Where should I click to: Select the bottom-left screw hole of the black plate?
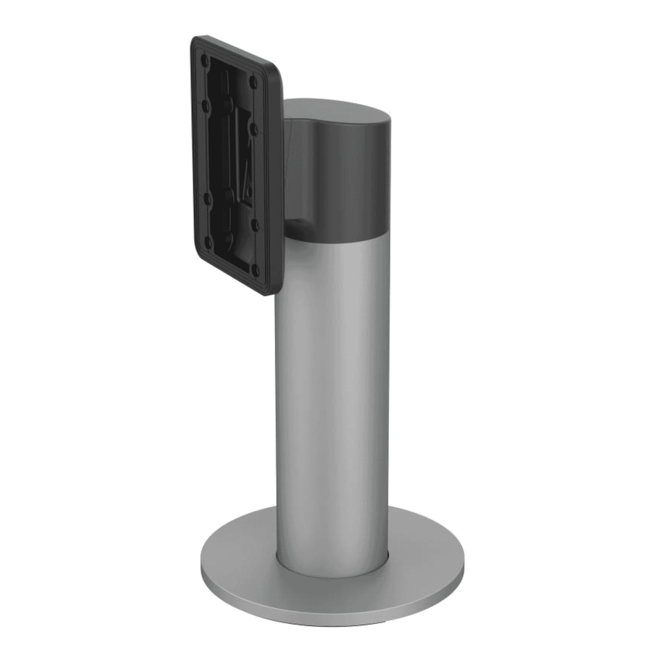point(207,241)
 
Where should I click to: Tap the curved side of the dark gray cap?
point(350,180)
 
